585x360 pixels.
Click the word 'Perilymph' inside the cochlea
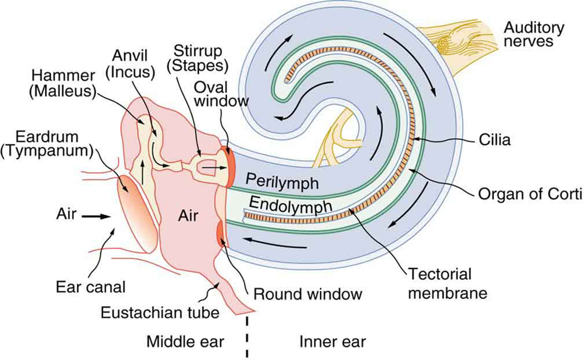(x=281, y=181)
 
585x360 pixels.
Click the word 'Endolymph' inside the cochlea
(x=283, y=204)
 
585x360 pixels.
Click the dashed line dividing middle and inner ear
(x=247, y=337)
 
